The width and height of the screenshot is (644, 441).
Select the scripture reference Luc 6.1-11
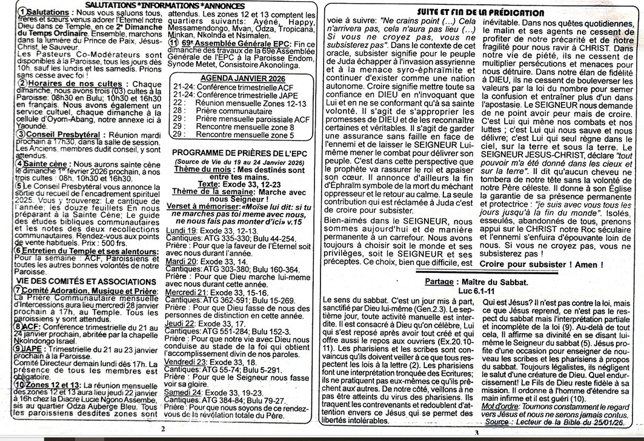[477, 291]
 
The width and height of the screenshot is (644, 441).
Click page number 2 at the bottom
[162, 428]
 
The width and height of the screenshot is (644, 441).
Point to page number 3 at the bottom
[476, 431]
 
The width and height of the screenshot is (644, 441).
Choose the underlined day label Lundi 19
[180, 231]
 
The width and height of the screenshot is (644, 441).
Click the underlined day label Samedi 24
[182, 392]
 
